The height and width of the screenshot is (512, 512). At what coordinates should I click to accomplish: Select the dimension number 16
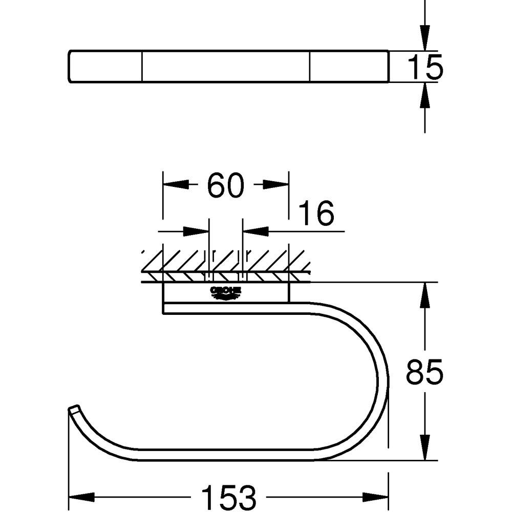[x=316, y=214]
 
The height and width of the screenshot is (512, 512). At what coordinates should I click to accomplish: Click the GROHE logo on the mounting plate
[x=226, y=292]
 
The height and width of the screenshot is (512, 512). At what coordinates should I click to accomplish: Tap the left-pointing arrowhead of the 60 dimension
[x=174, y=185]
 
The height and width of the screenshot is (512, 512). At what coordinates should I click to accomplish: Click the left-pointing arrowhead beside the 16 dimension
[x=256, y=231]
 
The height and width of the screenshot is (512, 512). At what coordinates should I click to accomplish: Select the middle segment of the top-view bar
[x=226, y=66]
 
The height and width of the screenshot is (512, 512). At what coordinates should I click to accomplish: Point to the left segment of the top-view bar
[x=105, y=66]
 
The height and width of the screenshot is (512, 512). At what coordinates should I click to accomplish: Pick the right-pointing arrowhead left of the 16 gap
[x=196, y=231]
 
